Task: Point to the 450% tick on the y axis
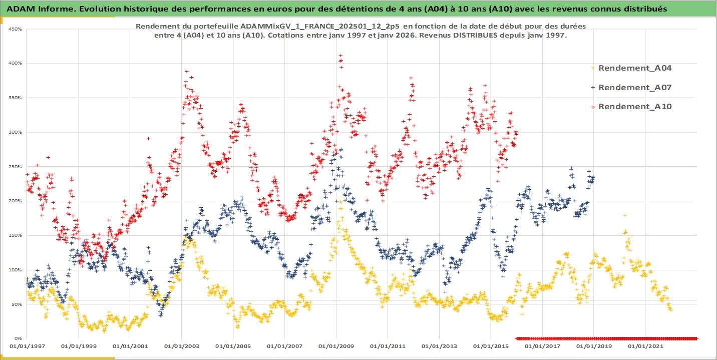click(15, 29)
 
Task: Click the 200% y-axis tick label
click(15, 201)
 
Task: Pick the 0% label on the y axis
click(17, 338)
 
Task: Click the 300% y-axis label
click(15, 132)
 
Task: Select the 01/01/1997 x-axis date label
click(27, 346)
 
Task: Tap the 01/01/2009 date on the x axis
click(336, 346)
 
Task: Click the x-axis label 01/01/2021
click(645, 346)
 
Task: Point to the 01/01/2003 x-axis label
click(181, 346)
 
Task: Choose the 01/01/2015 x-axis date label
click(491, 346)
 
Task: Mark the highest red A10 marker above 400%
click(340, 56)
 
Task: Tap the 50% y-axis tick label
click(16, 304)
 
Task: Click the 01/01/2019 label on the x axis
click(594, 346)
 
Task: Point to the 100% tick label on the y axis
click(15, 270)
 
